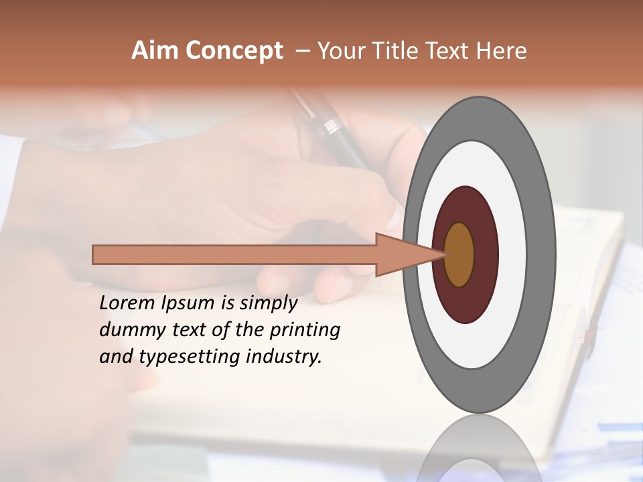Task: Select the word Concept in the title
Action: [x=235, y=52]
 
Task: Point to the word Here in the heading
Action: [x=502, y=51]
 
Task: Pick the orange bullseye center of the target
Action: [x=459, y=254]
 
